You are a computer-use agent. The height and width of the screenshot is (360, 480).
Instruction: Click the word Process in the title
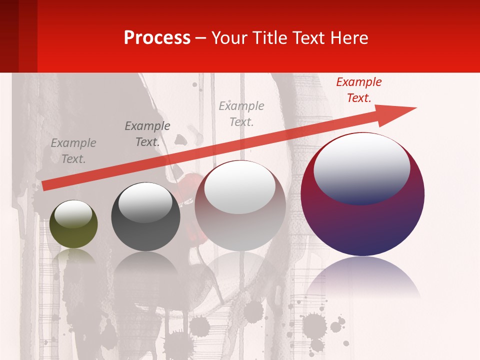click(157, 38)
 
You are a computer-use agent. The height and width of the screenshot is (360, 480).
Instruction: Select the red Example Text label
click(358, 90)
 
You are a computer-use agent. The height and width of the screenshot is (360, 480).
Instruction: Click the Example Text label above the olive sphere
click(73, 151)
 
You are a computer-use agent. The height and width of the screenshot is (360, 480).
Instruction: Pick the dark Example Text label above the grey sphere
click(147, 134)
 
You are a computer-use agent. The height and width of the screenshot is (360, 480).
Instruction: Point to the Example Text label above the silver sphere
click(241, 113)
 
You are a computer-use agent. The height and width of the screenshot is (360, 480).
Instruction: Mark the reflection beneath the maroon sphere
click(362, 277)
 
